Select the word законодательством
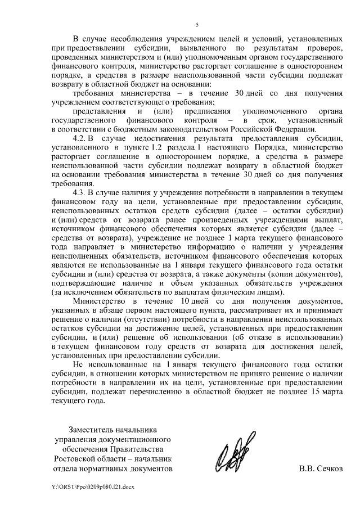click(x=173, y=129)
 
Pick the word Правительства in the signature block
click(x=137, y=449)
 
